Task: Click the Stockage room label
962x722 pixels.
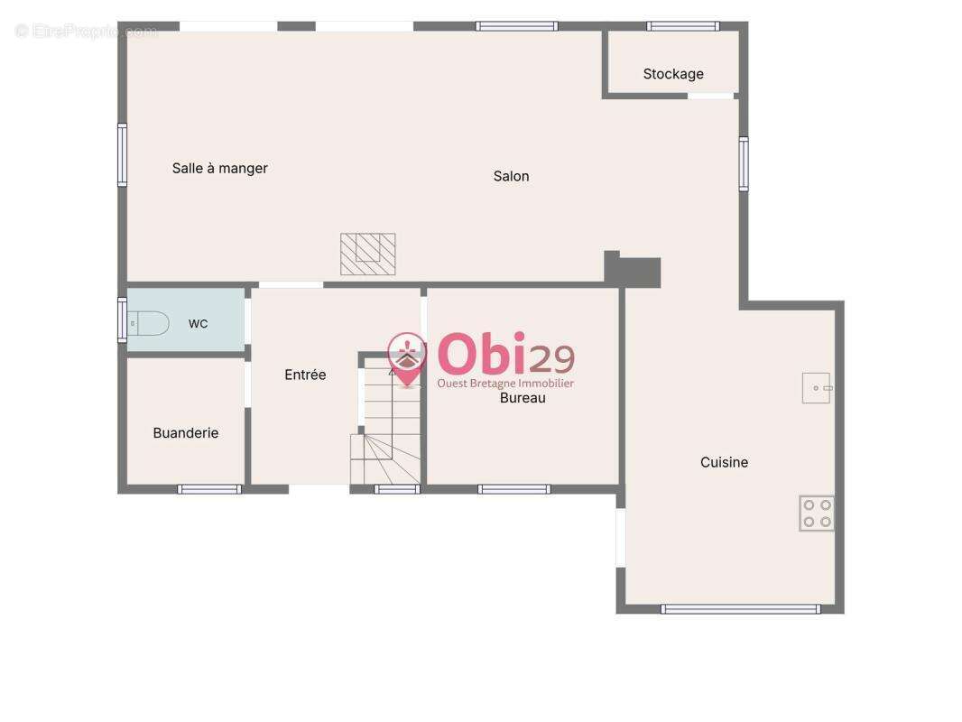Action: [673, 74]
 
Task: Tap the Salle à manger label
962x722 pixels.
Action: [219, 168]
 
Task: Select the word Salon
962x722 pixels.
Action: [511, 176]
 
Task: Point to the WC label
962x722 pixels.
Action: [198, 324]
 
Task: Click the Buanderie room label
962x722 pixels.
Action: [185, 433]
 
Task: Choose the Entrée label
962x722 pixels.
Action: [305, 375]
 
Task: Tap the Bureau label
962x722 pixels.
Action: [523, 397]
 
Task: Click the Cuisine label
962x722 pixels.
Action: [724, 462]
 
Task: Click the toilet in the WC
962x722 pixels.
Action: [148, 323]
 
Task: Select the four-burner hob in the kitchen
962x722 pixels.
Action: [817, 513]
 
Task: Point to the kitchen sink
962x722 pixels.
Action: [817, 388]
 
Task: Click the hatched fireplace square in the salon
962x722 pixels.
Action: [368, 254]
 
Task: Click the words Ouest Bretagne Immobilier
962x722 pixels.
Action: [505, 384]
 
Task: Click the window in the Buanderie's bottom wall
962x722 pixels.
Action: [209, 489]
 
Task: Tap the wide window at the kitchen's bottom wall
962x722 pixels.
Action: [741, 609]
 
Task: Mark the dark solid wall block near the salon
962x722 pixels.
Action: [632, 271]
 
